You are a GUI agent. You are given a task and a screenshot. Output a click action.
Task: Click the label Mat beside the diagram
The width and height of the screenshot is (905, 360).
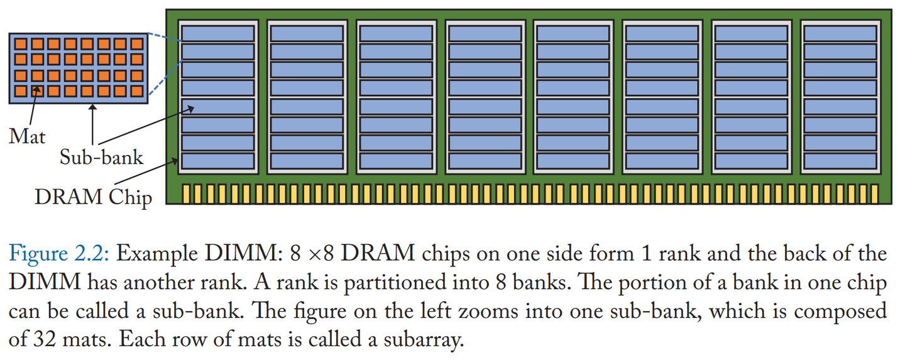(27, 136)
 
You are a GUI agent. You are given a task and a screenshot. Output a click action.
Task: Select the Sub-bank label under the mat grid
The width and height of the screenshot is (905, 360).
(101, 156)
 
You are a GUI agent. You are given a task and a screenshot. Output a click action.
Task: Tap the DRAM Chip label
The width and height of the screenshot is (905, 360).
(93, 197)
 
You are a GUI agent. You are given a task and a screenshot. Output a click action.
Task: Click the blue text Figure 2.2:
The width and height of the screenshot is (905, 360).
(59, 254)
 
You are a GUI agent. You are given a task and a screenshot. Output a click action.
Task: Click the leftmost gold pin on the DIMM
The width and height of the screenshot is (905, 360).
(186, 194)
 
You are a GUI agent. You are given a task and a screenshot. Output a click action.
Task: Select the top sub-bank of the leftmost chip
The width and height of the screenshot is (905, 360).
(217, 33)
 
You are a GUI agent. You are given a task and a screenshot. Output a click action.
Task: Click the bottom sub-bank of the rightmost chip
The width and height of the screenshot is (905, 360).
(840, 161)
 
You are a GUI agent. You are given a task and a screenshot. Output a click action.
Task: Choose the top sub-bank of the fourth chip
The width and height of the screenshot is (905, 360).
(485, 33)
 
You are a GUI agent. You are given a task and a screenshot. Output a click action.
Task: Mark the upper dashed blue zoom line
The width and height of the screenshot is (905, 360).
(163, 38)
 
